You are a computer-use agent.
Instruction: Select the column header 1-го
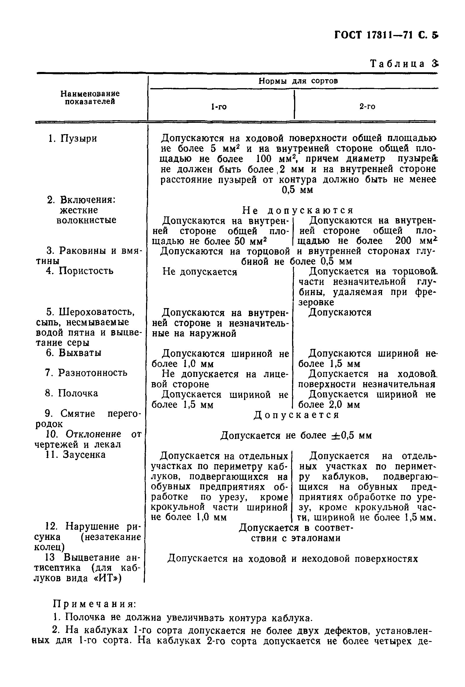pos(219,107)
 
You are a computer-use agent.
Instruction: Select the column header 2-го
pos(367,106)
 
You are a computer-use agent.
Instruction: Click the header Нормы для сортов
pos(298,81)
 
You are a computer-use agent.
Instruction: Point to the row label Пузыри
pos(78,138)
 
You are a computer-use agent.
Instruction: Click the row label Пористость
pos(86,271)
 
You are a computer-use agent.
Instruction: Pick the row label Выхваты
pos(80,353)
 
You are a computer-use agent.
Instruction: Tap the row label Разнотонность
pos(92,373)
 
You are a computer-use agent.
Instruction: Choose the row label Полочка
pos(78,393)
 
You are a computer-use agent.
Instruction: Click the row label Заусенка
pos(84,455)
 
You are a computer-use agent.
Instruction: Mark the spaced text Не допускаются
pos(298,210)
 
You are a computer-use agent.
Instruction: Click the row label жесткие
pos(79,210)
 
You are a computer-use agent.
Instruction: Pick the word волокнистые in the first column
pos(86,220)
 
